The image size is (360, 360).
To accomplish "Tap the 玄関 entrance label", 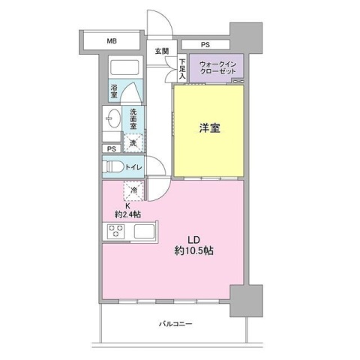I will (162, 52).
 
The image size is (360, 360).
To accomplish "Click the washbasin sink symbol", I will (112, 119).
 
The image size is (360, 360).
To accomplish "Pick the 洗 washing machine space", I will (132, 142).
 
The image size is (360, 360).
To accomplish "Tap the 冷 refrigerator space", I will (132, 192).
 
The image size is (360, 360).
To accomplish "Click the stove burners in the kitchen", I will (118, 232).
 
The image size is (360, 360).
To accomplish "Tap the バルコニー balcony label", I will (176, 324).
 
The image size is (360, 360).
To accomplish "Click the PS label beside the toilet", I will (112, 148).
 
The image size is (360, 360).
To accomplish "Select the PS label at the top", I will (205, 45).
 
